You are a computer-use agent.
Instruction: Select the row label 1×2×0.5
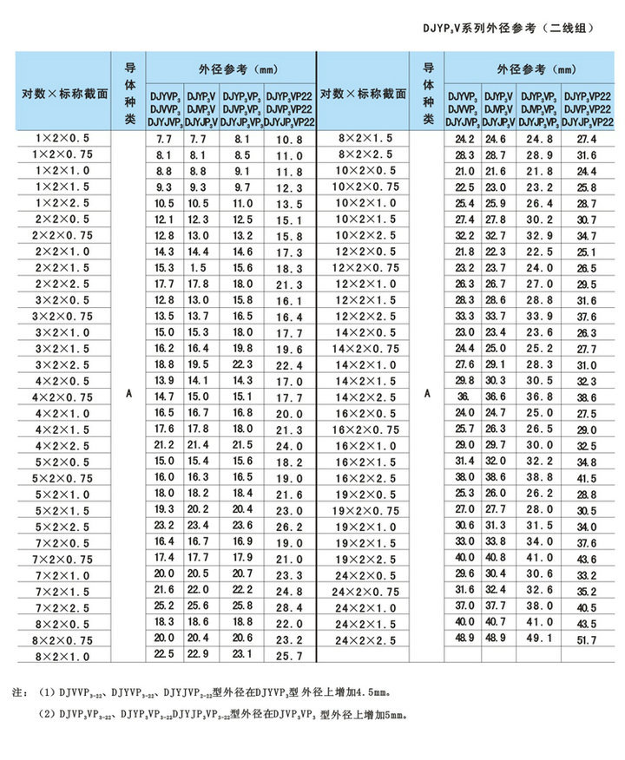click(62, 138)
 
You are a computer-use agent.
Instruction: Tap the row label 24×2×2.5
click(365, 639)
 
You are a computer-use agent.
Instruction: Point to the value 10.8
click(289, 139)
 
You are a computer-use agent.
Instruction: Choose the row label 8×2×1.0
click(62, 657)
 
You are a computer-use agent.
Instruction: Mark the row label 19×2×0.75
click(365, 509)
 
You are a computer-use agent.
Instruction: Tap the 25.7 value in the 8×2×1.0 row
click(289, 657)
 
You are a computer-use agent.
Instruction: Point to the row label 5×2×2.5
click(62, 527)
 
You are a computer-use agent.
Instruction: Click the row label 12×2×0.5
click(365, 251)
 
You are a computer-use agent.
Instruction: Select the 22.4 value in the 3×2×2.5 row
click(289, 365)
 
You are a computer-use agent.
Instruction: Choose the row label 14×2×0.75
click(365, 348)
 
